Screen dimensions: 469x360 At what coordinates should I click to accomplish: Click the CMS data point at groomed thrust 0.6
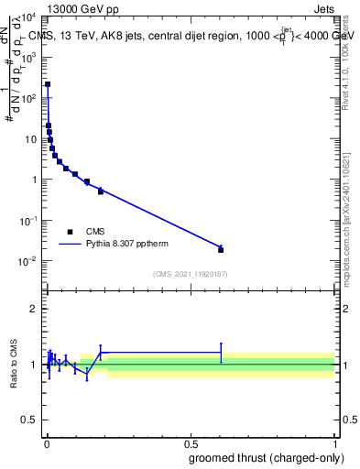click(221, 249)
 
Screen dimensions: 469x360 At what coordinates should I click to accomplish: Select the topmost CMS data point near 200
click(48, 84)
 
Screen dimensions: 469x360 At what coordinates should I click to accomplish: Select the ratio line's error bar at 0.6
click(221, 352)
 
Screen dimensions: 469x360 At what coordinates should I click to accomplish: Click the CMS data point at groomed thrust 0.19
click(101, 191)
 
